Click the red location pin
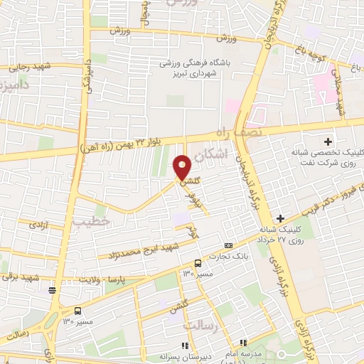click(182, 167)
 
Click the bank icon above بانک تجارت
click(227, 245)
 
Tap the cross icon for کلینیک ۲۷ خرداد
click(281, 218)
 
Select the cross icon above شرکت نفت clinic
click(328, 141)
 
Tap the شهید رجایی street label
click(27, 68)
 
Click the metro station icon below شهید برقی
click(52, 289)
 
